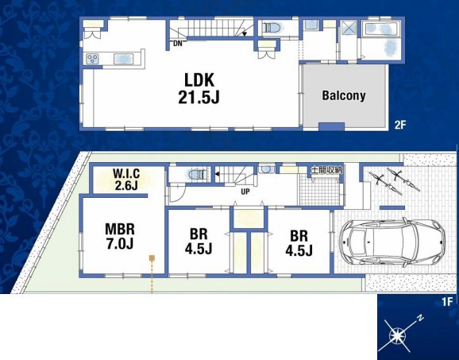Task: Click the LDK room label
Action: click(199, 80)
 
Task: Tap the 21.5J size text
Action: click(199, 97)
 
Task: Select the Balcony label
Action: click(344, 96)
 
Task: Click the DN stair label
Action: click(177, 44)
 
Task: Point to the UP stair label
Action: click(245, 192)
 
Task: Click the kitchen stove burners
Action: click(92, 59)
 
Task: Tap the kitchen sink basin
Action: click(124, 59)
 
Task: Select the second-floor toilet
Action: click(271, 28)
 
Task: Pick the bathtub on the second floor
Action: click(380, 29)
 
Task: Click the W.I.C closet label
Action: click(126, 174)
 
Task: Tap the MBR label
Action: click(120, 229)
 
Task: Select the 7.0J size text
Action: click(120, 244)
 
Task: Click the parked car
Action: click(392, 242)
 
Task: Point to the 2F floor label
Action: click(400, 125)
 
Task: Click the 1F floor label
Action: click(448, 301)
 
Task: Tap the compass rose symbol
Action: click(398, 335)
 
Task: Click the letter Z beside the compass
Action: click(421, 318)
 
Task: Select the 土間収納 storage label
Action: click(326, 170)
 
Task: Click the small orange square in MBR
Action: click(152, 257)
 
